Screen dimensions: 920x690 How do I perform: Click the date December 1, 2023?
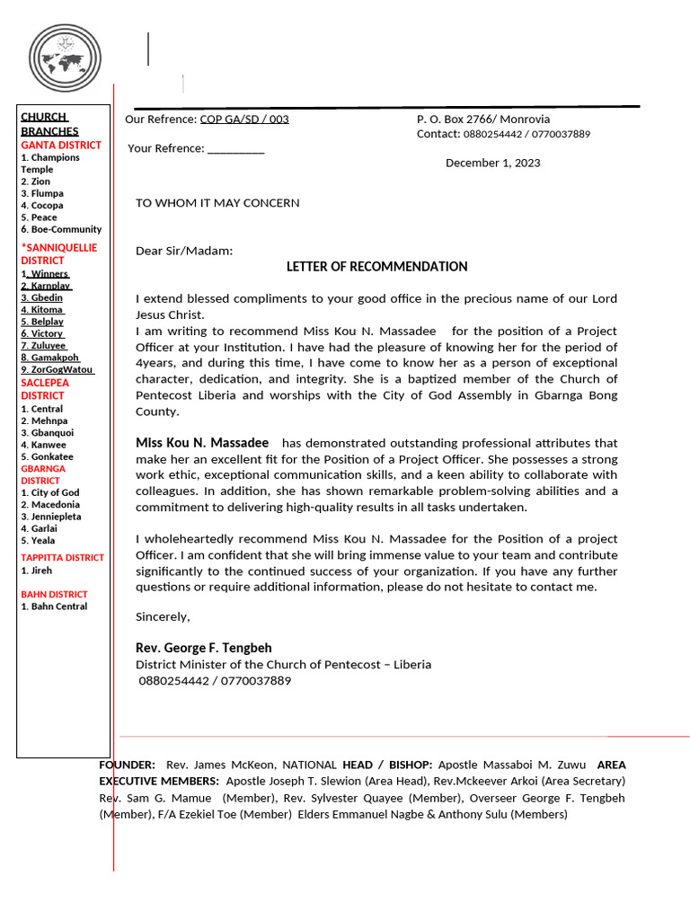tap(492, 163)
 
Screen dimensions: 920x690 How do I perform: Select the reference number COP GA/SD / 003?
tap(243, 119)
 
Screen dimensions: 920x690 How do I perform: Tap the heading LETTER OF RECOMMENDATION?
tap(376, 267)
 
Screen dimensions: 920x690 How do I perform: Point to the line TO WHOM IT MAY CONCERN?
tap(217, 203)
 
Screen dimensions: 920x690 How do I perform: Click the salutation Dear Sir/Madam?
tap(184, 251)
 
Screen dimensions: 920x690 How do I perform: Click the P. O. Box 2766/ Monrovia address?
tap(483, 119)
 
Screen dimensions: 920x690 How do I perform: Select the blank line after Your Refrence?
tap(235, 149)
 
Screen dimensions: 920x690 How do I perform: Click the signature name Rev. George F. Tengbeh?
tap(203, 648)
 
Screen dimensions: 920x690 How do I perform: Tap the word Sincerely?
tap(163, 616)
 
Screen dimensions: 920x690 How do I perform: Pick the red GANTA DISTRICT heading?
tap(61, 145)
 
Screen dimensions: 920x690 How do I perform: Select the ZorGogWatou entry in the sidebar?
tap(62, 369)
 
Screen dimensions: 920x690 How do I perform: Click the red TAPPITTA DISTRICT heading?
tap(62, 557)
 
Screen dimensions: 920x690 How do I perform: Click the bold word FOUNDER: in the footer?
tap(127, 765)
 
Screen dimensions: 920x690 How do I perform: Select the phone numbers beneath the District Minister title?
tap(215, 681)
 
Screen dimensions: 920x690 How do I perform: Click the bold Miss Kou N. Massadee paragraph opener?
tap(202, 443)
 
